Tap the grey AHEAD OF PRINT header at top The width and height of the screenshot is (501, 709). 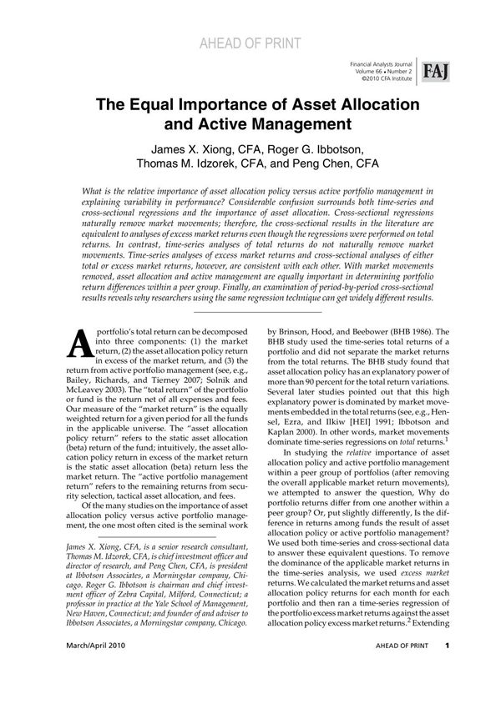pos(250,44)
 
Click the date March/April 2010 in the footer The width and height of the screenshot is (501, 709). pos(82,669)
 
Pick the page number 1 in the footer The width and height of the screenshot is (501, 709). pos(448,669)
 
